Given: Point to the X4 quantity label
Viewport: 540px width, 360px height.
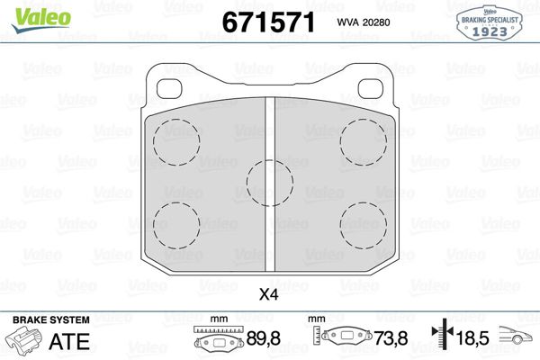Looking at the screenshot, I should (x=268, y=293).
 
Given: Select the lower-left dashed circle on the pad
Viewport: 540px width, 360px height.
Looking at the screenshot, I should (x=176, y=221).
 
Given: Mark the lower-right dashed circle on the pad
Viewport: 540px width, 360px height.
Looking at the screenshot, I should (x=364, y=221).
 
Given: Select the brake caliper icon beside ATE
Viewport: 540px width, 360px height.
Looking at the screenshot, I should (x=23, y=341).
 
